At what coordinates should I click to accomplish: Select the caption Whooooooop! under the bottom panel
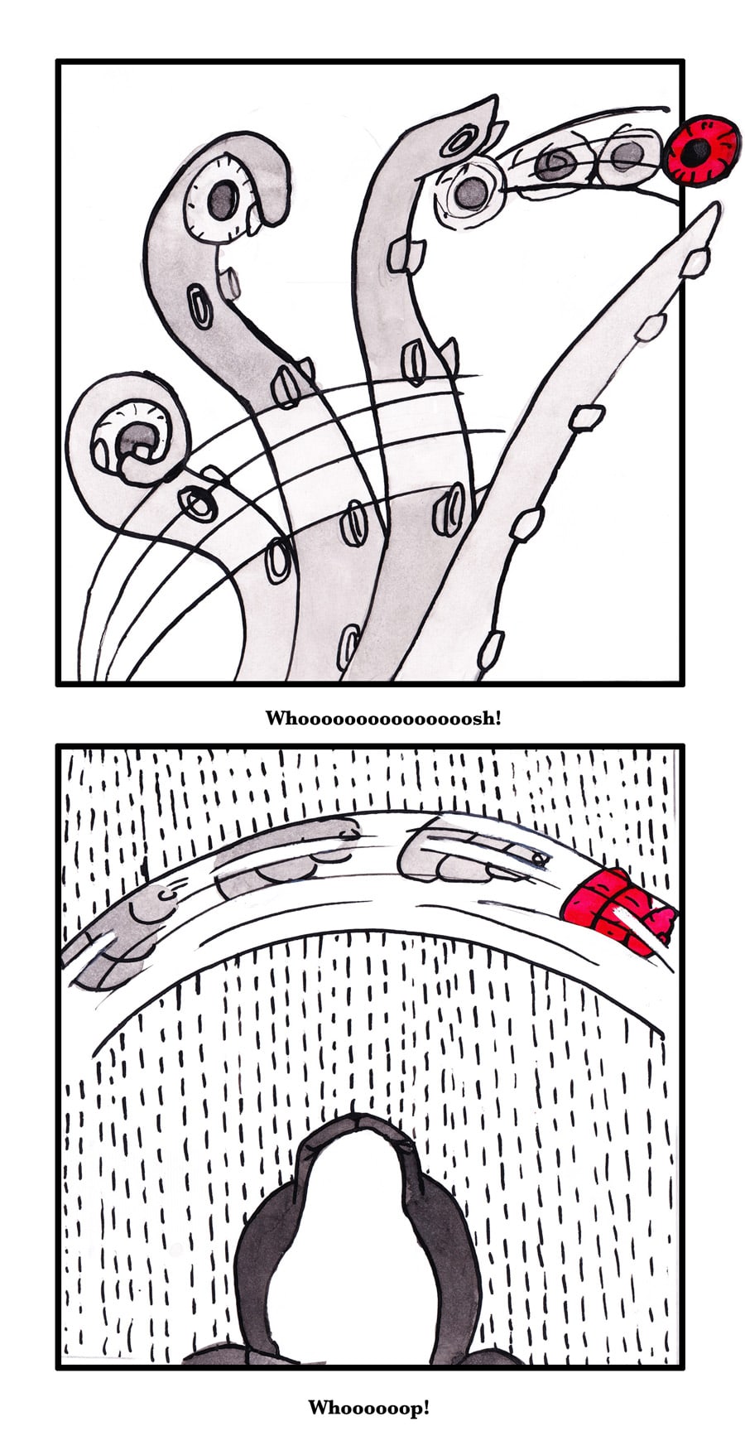click(369, 1406)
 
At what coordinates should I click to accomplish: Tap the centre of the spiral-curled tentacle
click(134, 439)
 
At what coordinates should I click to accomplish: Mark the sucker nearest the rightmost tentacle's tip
click(694, 263)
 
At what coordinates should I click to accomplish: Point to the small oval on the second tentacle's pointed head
click(457, 142)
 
